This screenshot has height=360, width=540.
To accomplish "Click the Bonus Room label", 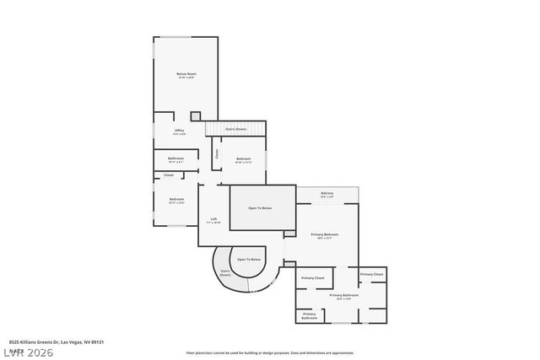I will pyautogui.click(x=186, y=74).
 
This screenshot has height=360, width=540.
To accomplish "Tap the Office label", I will pyautogui.click(x=179, y=131).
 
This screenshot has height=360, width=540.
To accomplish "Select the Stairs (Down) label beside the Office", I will pyautogui.click(x=235, y=129).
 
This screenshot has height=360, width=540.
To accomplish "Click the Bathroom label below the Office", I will pyautogui.click(x=175, y=159).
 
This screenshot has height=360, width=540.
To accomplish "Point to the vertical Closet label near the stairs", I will pyautogui.click(x=216, y=154).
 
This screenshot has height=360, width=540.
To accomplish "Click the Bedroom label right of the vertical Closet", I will pyautogui.click(x=243, y=159).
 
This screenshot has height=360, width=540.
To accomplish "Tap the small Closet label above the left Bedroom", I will pyautogui.click(x=169, y=175).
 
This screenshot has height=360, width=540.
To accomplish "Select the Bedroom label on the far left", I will pyautogui.click(x=175, y=200).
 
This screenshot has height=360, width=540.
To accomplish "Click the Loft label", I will pyautogui.click(x=214, y=220).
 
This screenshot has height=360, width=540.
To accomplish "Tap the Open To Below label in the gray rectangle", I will pyautogui.click(x=260, y=207).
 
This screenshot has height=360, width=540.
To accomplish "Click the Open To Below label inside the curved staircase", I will pyautogui.click(x=248, y=260).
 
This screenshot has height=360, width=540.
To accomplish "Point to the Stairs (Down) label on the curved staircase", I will pyautogui.click(x=225, y=273).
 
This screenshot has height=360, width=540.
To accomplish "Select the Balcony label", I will pyautogui.click(x=327, y=194).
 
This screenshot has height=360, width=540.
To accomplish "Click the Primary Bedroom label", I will pyautogui.click(x=325, y=235).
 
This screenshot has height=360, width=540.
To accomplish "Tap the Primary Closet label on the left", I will pyautogui.click(x=313, y=277).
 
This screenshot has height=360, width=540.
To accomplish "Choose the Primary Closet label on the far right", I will pyautogui.click(x=371, y=274).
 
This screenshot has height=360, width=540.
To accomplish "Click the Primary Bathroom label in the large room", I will pyautogui.click(x=344, y=296).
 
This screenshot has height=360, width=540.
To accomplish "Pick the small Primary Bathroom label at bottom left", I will pyautogui.click(x=310, y=316).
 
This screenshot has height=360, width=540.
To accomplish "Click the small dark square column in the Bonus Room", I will pyautogui.click(x=196, y=116).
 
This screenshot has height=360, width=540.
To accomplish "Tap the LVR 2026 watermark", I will pyautogui.click(x=28, y=352).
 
